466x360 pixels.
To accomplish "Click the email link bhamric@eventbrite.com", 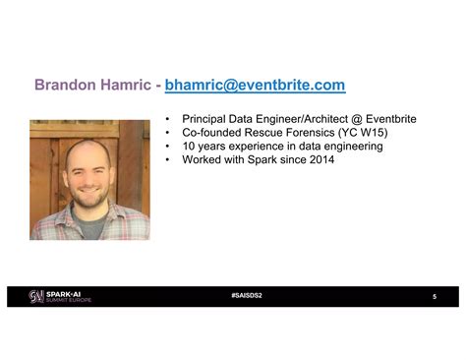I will click(255, 86).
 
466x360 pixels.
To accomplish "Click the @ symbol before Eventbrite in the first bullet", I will click(348, 119).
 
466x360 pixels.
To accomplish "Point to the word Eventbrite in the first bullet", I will click(386, 119).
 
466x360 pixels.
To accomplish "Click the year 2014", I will click(320, 160).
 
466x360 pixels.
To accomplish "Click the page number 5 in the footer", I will click(434, 297).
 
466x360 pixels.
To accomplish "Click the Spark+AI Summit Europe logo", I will click(60, 296).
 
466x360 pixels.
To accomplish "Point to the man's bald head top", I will click(89, 145).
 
